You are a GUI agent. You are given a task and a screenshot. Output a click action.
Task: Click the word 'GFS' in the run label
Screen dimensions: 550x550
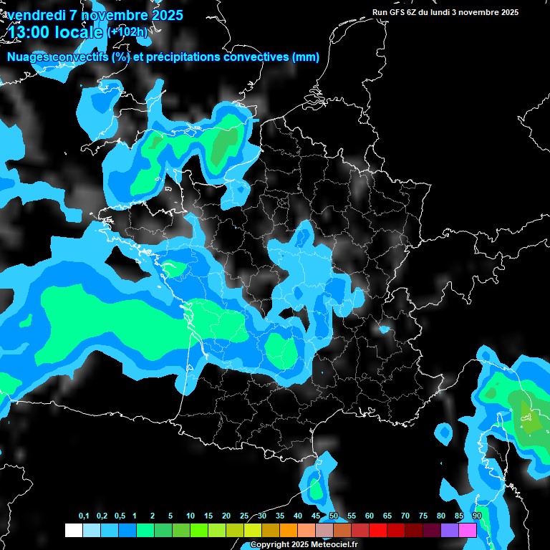tap(400, 12)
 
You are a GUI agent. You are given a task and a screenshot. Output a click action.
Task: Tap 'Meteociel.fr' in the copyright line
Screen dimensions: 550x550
tap(333, 544)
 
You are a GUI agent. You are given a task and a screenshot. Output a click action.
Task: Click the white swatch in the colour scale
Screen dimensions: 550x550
tap(73, 530)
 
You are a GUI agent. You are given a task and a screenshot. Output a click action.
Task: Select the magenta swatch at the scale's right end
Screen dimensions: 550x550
tap(468, 530)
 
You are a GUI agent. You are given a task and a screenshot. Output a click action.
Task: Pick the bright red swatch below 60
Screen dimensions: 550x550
tap(378, 530)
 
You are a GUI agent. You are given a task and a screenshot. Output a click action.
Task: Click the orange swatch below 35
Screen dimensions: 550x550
tap(289, 530)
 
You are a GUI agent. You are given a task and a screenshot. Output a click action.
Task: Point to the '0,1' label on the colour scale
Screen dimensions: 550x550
tap(84, 516)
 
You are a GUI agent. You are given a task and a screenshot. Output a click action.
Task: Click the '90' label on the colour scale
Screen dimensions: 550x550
tap(477, 516)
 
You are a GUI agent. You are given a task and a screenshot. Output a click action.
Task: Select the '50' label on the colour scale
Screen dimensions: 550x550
tap(334, 516)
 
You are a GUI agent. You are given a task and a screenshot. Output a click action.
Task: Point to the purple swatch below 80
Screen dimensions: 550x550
tap(450, 530)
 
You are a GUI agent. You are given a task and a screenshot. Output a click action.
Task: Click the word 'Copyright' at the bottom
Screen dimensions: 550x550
tap(270, 544)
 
